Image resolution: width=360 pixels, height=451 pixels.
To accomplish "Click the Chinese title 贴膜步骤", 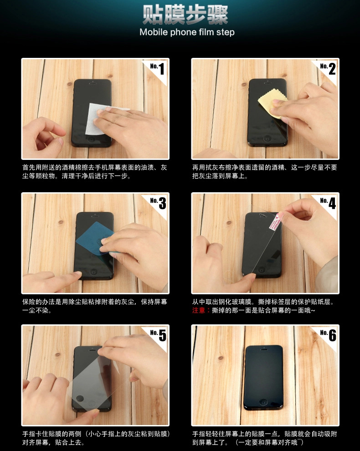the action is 185,15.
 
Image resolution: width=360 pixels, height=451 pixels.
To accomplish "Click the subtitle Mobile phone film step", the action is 187,32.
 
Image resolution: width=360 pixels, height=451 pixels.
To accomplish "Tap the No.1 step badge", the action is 157,69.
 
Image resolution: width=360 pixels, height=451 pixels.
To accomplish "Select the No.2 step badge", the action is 328,69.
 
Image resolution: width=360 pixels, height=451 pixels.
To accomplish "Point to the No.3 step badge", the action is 158,203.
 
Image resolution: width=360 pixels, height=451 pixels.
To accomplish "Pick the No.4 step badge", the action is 328,203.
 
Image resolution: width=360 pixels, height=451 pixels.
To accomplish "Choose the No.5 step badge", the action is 158,335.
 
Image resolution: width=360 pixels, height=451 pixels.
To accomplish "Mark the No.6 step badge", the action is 328,335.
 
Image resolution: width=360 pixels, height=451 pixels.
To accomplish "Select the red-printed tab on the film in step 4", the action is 275,222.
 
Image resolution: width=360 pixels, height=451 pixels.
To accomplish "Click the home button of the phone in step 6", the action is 263,402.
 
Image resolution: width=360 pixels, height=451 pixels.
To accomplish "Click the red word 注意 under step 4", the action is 199,310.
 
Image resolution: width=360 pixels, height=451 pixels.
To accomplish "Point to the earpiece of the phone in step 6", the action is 264,349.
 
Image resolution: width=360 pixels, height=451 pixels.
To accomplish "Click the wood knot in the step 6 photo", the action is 221,358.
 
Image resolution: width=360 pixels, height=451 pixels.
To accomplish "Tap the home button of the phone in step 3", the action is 93,272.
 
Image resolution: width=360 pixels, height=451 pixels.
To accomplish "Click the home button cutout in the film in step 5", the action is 80,399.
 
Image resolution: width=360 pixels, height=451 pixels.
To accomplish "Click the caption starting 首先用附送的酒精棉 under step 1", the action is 95,172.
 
